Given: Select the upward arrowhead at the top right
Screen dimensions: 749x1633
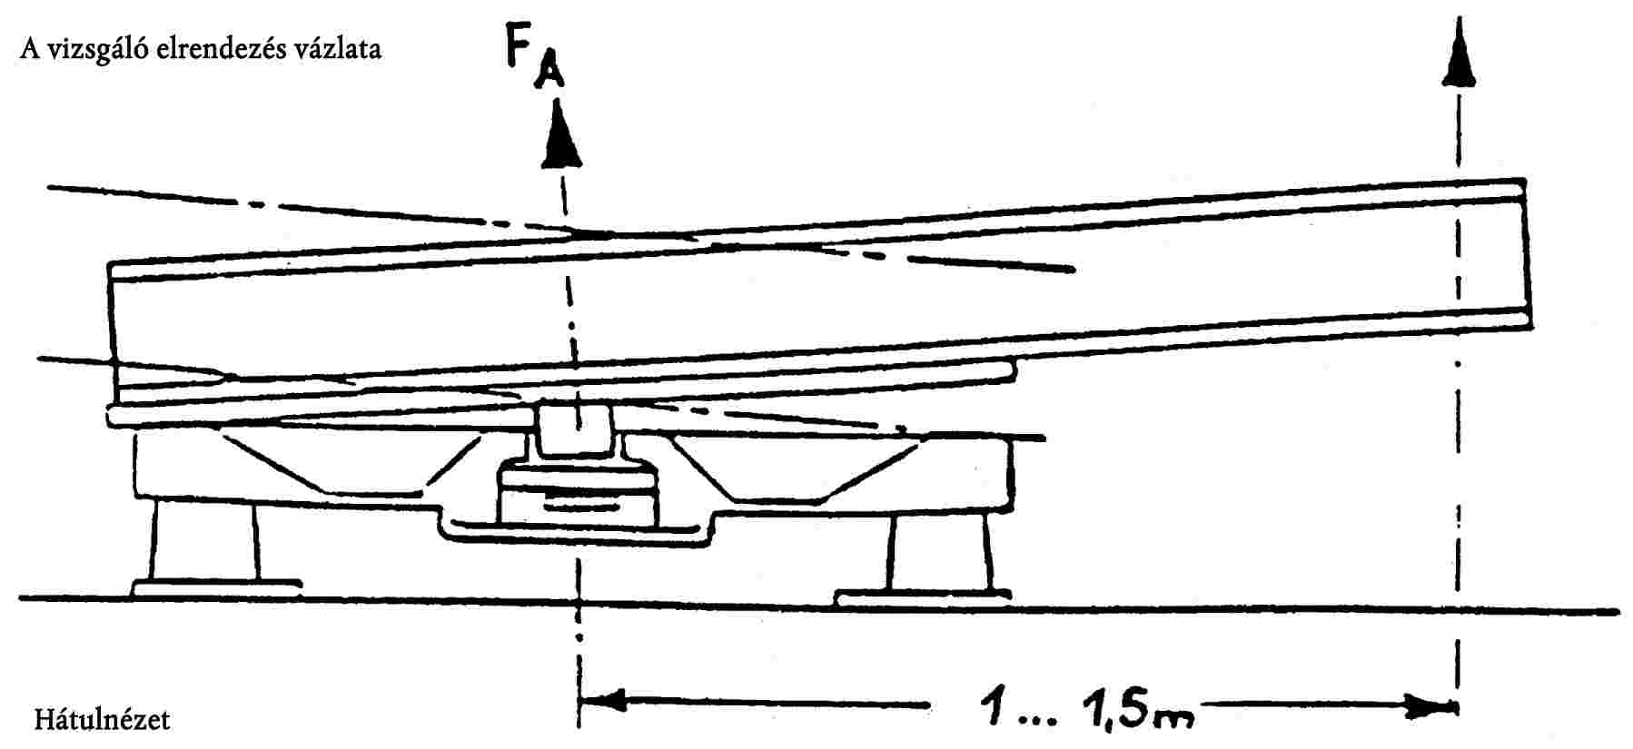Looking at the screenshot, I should click(1459, 55).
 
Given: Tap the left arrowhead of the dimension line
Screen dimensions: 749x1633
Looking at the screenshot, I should click(603, 702).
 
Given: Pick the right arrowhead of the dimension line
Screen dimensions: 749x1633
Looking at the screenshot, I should click(1430, 705).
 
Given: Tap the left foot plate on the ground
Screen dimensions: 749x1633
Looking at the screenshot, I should click(215, 587).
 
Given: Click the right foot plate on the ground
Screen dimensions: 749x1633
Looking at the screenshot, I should click(923, 596).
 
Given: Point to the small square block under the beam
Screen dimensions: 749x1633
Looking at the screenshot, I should click(574, 428).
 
